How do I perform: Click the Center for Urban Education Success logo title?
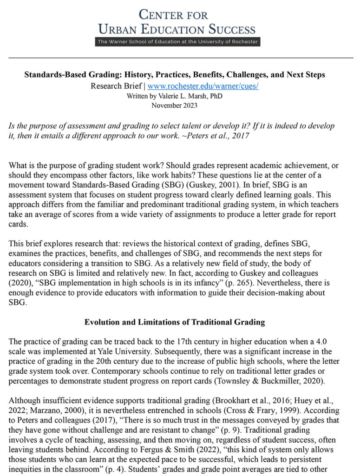pyautogui.click(x=177, y=22)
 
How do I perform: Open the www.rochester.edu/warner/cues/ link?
pyautogui.click(x=203, y=86)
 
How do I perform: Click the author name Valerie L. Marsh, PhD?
pyautogui.click(x=175, y=96)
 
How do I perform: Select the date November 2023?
pyautogui.click(x=174, y=105)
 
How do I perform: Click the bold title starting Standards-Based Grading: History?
pyautogui.click(x=175, y=75)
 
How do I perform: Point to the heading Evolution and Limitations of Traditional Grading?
pyautogui.click(x=174, y=322)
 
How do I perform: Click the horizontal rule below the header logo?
pyautogui.click(x=180, y=58)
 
